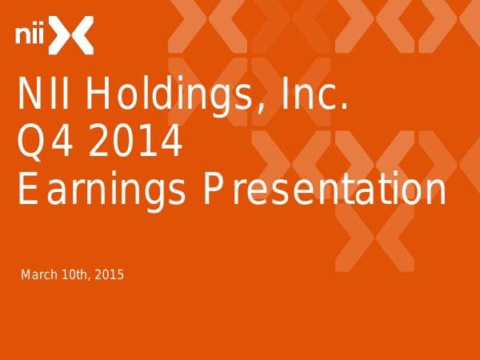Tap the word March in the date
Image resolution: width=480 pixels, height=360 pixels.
[38, 276]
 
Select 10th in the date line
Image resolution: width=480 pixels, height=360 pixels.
[74, 276]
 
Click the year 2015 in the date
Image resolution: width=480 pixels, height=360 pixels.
[109, 276]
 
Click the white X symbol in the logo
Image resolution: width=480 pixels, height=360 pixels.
[78, 35]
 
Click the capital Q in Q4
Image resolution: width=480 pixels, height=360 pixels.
[31, 145]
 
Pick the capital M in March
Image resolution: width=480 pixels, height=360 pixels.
[25, 276]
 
